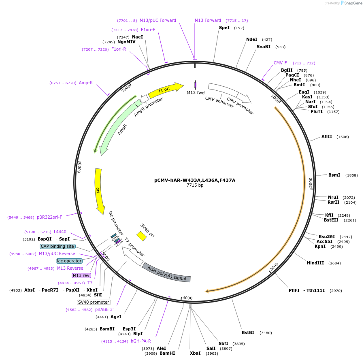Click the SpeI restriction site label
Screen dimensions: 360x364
(x=224, y=28)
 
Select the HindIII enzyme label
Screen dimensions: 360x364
(x=315, y=263)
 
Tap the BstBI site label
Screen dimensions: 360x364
(x=248, y=332)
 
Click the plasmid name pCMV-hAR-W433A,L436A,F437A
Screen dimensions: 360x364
(x=195, y=180)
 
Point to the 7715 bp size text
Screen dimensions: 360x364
(x=195, y=185)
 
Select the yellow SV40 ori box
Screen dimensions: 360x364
(x=141, y=236)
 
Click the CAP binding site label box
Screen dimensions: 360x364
(x=57, y=246)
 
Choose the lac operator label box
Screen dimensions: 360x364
(x=69, y=261)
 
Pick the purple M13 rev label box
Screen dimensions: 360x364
(x=81, y=275)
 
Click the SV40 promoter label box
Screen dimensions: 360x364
(x=94, y=302)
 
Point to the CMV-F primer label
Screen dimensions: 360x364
(x=280, y=63)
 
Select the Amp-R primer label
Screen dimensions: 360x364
(x=86, y=83)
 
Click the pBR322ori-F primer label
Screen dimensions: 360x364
(x=49, y=217)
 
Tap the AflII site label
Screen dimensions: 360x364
(x=327, y=136)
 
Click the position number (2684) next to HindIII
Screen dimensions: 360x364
(x=334, y=263)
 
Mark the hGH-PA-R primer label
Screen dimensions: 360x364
(x=140, y=341)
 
